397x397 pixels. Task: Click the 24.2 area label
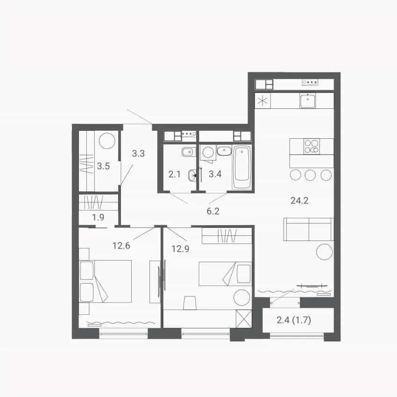(x=299, y=201)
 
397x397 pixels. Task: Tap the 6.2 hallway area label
(x=213, y=211)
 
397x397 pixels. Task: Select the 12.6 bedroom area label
(x=121, y=246)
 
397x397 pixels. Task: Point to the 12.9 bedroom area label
(x=180, y=249)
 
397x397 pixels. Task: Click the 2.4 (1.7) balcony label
(x=294, y=320)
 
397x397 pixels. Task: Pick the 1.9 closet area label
(x=98, y=217)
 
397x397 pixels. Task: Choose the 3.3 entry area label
(x=138, y=153)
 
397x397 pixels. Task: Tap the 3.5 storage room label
(x=103, y=166)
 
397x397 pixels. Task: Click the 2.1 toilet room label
(x=175, y=174)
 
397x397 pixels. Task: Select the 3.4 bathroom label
(x=215, y=174)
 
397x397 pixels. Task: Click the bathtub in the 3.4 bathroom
(x=242, y=167)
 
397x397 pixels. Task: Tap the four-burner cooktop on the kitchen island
(x=312, y=146)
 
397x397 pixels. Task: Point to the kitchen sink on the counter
(x=308, y=101)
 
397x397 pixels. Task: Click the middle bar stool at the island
(x=310, y=175)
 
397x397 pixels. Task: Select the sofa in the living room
(x=309, y=229)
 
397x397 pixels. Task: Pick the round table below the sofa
(x=324, y=252)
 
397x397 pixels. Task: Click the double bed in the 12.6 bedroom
(x=106, y=281)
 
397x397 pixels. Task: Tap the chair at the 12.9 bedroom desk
(x=190, y=303)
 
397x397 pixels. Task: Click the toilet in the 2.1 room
(x=192, y=175)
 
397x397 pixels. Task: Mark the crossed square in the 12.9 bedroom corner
(x=243, y=319)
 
